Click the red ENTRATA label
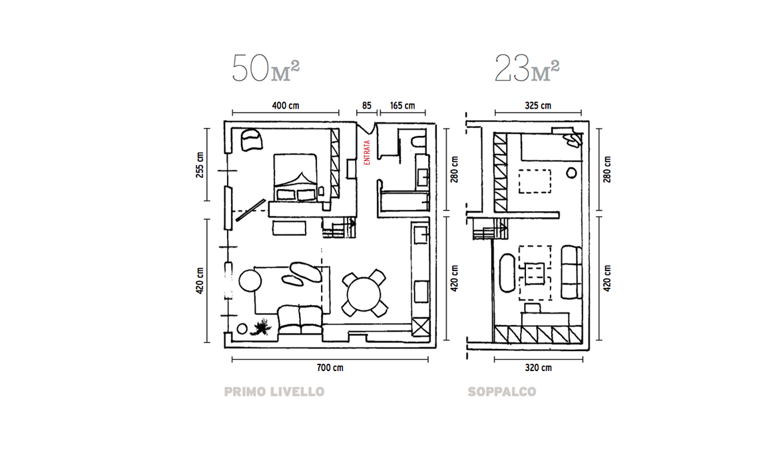pos(366,153)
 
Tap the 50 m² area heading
pos(266,69)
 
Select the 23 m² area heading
pos(527,69)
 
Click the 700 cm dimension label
pos(330,368)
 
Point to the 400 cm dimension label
pos(286,106)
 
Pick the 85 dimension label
pos(366,106)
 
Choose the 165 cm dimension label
pos(403,106)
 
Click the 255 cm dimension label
pos(200,165)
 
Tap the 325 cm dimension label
pos(538,106)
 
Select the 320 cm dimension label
pos(538,368)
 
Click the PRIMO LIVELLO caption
pos(274,392)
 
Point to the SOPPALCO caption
pos(502,392)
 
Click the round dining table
pos(364,293)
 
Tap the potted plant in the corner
pos(262,327)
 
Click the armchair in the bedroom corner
pos(251,139)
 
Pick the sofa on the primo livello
pos(300,320)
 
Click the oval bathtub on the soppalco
pos(508,272)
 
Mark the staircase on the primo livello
pos(339,227)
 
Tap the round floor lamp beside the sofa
pos(250,280)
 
